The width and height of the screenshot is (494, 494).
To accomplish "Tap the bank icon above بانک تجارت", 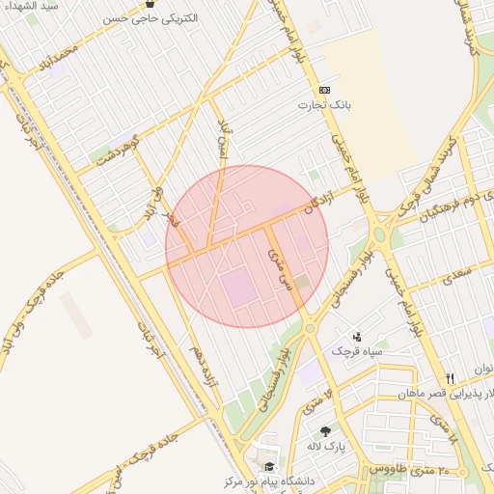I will click(324, 90).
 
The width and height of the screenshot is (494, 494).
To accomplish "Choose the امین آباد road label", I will click(224, 140).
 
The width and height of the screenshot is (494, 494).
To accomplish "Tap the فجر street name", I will click(176, 220).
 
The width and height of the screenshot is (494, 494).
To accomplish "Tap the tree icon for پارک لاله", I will click(324, 431).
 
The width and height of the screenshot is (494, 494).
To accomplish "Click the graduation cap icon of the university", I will click(268, 466).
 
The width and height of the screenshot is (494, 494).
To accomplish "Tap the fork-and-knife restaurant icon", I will click(449, 378).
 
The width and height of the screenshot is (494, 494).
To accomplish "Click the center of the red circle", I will click(247, 246).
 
